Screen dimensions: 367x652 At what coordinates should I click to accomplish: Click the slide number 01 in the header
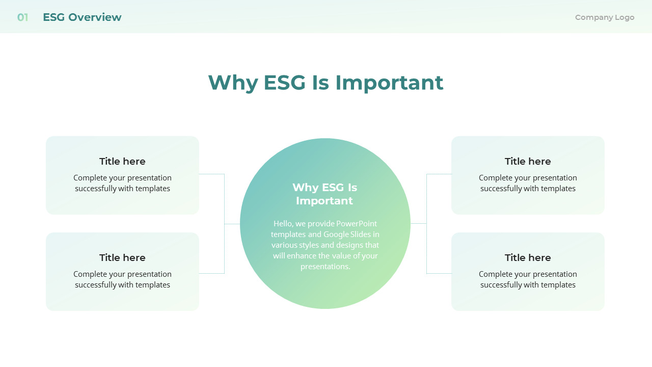pos(22,17)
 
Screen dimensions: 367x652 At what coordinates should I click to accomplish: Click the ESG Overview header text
pos(82,17)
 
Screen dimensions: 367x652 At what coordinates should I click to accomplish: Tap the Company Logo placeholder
pos(605,17)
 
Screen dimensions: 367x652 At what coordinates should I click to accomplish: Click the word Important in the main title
pos(389,83)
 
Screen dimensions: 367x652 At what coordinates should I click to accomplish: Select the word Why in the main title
pos(233,83)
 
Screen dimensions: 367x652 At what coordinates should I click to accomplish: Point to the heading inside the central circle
pos(325,194)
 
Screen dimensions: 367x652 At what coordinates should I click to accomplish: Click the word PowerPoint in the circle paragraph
pos(357,224)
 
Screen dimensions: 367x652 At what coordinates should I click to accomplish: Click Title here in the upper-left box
pos(122,162)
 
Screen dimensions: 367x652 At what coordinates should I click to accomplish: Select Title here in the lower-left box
pos(122,258)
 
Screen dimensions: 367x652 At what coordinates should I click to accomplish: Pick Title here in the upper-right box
pos(528,162)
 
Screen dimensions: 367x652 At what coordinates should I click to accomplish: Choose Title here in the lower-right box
pos(528,258)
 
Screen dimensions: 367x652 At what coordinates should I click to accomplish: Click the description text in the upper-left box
pos(122,183)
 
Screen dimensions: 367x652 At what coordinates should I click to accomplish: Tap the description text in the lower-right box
pos(528,279)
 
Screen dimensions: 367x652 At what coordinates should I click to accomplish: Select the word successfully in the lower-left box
pos(95,285)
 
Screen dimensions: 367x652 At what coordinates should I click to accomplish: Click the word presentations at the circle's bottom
pos(325,267)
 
